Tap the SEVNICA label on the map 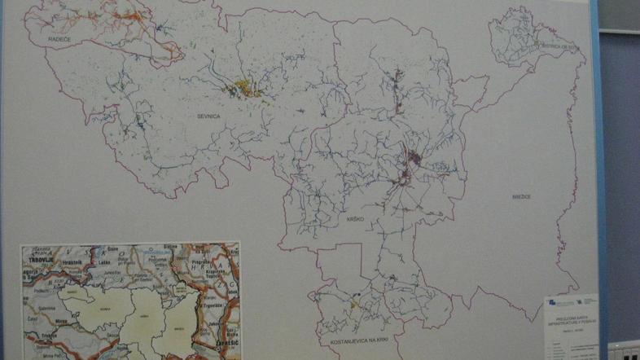pos(209,116)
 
